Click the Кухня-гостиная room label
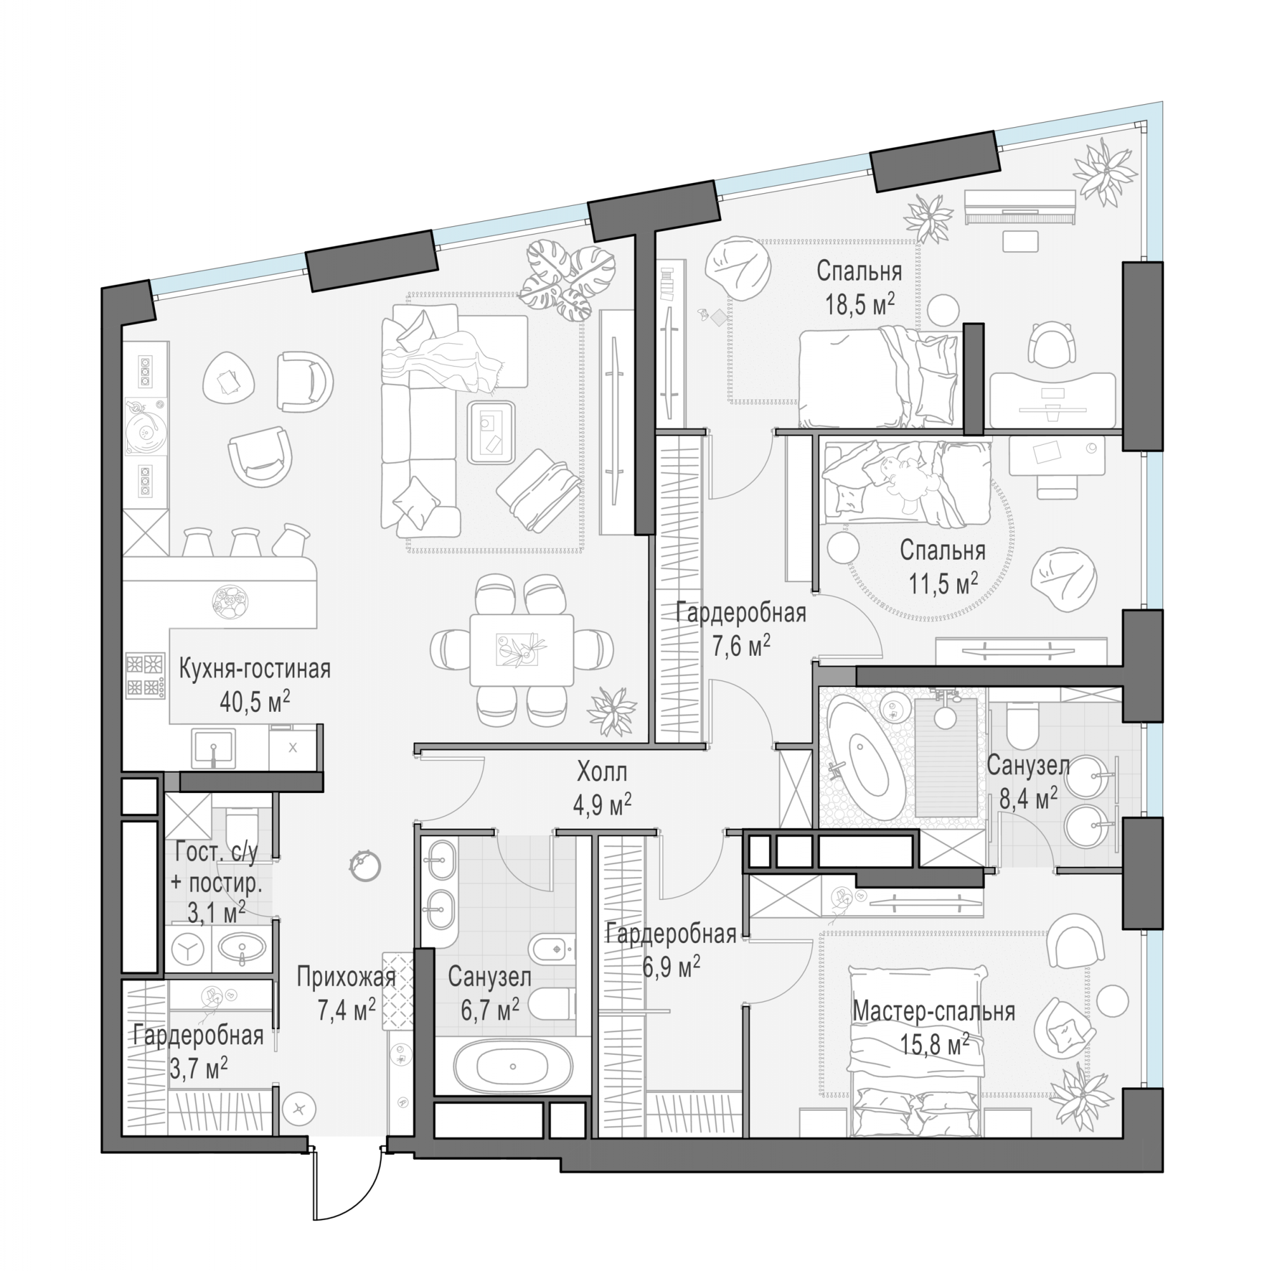pos(255,669)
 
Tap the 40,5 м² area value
pos(255,702)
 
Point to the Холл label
pos(601,771)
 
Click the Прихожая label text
pos(346,977)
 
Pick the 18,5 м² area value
pos(859,304)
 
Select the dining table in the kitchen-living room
pos(521,650)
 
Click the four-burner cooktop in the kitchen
pos(145,676)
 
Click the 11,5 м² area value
pos(943,583)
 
